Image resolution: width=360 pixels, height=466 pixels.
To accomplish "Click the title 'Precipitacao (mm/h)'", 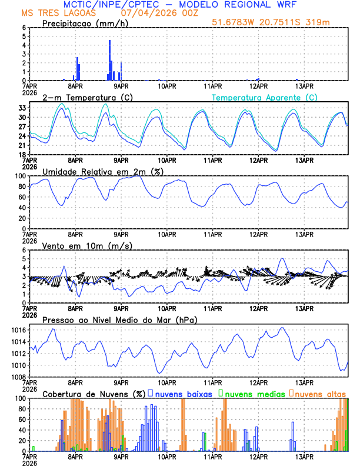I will [x=82, y=23].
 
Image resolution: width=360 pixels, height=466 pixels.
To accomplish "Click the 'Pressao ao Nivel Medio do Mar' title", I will [x=119, y=320].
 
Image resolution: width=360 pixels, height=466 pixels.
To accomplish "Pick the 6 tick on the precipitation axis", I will [x=24, y=28].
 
